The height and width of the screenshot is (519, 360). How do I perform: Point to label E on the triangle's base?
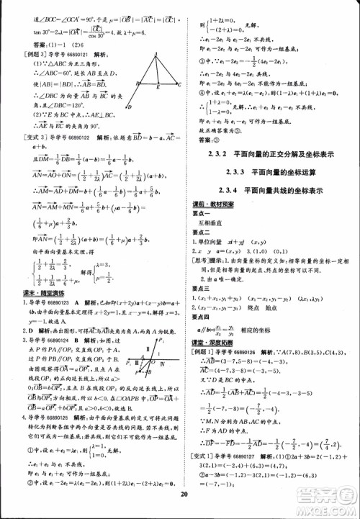tap(158, 87)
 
